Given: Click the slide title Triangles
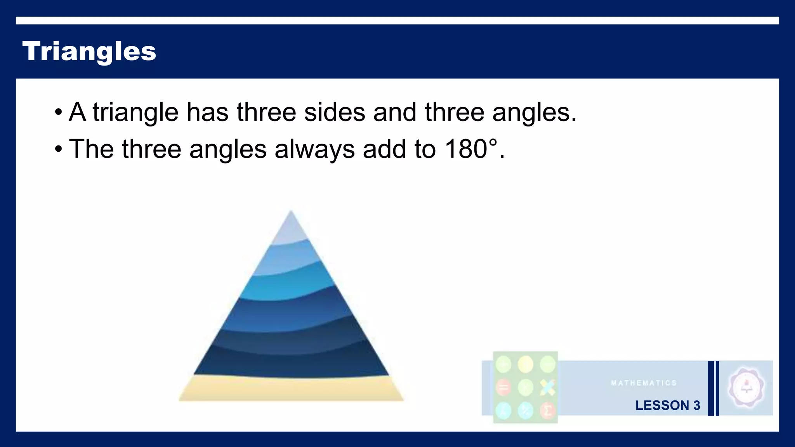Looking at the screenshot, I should click(89, 51).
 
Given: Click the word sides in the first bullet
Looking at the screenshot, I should click(334, 113).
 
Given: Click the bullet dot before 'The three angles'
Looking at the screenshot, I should click(58, 149).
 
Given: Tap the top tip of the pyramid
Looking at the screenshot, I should click(291, 213).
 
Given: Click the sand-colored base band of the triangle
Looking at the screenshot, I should click(291, 389).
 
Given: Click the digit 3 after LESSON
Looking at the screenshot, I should click(697, 405).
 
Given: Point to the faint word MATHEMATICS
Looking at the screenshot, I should click(644, 383).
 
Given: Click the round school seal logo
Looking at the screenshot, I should click(746, 387).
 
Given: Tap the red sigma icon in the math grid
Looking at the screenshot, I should click(548, 410).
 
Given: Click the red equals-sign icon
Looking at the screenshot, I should click(503, 387).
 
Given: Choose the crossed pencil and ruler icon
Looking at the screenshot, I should click(548, 387).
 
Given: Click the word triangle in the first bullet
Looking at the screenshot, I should click(135, 113).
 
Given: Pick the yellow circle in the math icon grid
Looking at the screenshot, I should click(526, 365).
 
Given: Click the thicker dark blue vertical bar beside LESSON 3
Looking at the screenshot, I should click(711, 388).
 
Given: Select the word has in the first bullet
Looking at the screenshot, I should click(207, 113).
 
